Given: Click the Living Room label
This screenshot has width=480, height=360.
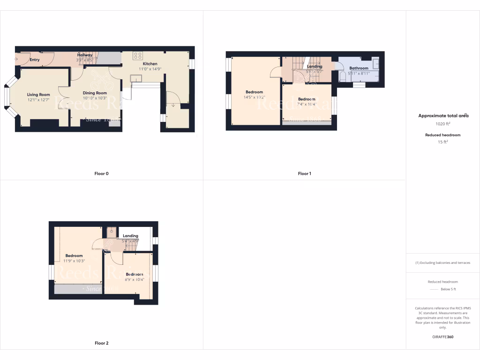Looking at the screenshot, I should (38, 95).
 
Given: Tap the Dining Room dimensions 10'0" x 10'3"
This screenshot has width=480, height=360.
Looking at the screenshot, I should (95, 98).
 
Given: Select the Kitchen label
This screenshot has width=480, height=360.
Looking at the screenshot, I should (150, 64).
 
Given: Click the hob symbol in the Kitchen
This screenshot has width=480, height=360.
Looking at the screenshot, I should (138, 55).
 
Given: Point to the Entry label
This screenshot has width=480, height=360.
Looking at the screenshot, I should (35, 60).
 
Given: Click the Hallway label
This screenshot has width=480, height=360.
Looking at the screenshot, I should (85, 55).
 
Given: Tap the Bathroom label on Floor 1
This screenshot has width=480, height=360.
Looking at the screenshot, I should (359, 68).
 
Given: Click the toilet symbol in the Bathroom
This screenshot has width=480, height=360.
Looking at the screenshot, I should (342, 77).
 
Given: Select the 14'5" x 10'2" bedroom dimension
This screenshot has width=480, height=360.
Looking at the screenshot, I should (254, 97).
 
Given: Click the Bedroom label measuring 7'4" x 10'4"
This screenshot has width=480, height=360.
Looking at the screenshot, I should (307, 99).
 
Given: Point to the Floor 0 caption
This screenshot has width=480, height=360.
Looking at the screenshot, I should (101, 173).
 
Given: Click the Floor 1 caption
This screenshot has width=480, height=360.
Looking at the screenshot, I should (304, 173).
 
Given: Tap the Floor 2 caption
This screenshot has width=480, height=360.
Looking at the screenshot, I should (101, 343).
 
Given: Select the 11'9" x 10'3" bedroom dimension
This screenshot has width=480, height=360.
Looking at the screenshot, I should (74, 261).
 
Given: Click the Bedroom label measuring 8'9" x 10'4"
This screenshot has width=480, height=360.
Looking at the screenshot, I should (134, 274).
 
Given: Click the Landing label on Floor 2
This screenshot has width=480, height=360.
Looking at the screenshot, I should (130, 236).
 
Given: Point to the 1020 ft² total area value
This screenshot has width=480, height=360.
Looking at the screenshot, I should (443, 124).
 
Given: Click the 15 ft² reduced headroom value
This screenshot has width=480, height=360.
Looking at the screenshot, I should (443, 142).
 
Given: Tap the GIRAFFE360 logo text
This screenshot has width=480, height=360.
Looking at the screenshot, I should (443, 337).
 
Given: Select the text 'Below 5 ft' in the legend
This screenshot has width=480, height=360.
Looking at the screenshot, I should (448, 289).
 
